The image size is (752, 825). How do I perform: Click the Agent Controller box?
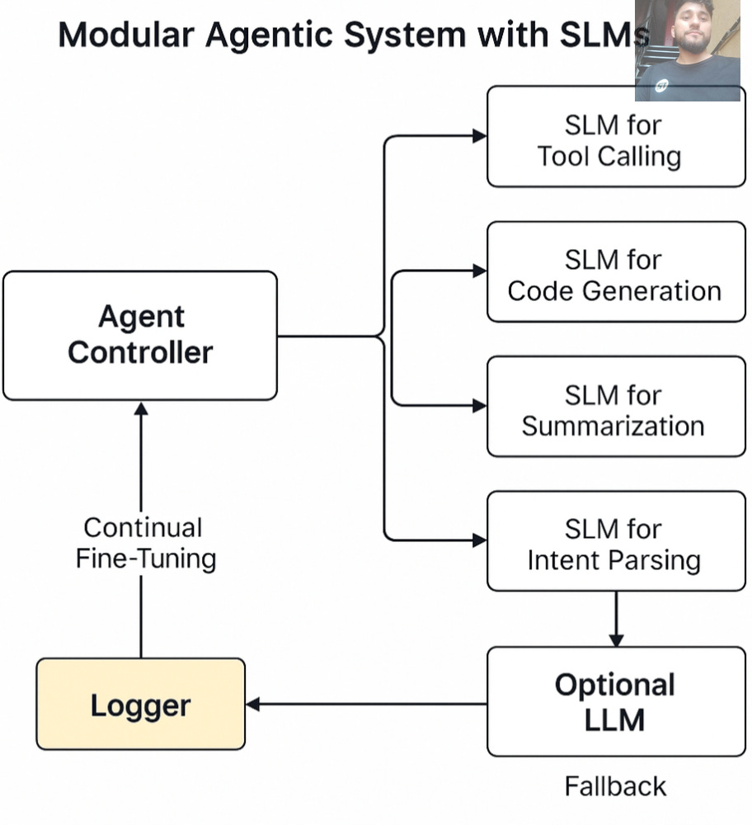coord(140,336)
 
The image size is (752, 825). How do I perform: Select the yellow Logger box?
coord(140,704)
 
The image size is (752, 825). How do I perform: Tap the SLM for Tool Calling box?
coord(616,136)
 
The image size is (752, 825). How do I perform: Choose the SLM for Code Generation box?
coord(616,271)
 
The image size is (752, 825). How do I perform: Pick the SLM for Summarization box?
coord(616,406)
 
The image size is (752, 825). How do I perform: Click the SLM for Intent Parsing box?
coord(616,541)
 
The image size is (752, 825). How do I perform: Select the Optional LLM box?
coord(616,701)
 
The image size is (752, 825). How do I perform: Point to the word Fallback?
coord(615,786)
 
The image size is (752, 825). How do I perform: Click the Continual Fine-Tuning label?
coord(146,543)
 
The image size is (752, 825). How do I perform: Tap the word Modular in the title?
coord(126,35)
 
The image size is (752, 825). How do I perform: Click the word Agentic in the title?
coord(270,35)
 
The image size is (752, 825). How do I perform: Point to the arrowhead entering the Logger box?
coord(253,704)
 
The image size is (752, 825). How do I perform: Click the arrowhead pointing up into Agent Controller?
coord(141,409)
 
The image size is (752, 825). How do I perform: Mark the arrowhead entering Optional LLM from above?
coord(616,640)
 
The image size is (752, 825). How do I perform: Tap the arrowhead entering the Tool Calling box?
coord(480,136)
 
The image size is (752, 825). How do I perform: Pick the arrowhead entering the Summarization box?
coord(480,406)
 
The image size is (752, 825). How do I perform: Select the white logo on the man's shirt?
coord(661,85)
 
